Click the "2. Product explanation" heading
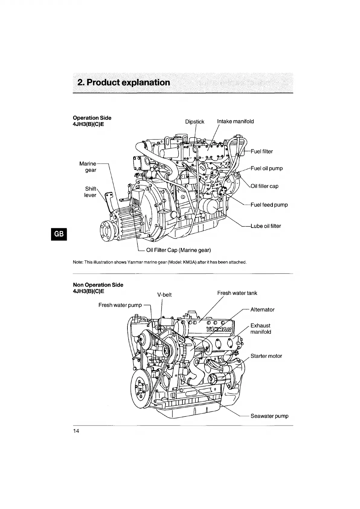click(x=124, y=83)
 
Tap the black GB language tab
click(x=59, y=234)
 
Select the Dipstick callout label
click(x=194, y=122)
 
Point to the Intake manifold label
click(x=235, y=122)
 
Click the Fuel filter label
click(x=262, y=151)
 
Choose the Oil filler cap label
click(x=265, y=186)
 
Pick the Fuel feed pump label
click(x=269, y=205)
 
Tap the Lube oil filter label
click(x=265, y=226)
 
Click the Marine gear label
click(x=88, y=167)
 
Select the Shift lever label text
click(x=90, y=192)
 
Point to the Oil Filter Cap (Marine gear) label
click(x=178, y=250)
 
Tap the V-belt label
click(x=165, y=295)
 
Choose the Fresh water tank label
click(x=237, y=293)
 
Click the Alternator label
click(x=262, y=310)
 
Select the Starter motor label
click(x=266, y=356)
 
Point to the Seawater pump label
click(x=269, y=416)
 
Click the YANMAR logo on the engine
click(x=219, y=329)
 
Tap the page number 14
click(x=76, y=431)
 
